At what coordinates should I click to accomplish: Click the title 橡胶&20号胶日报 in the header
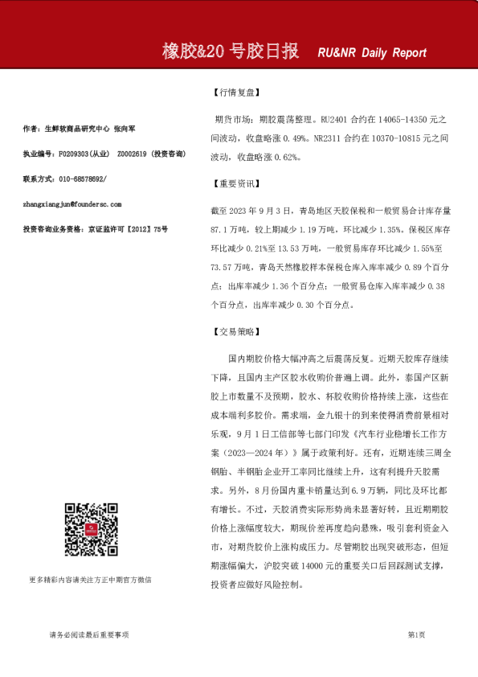[231, 51]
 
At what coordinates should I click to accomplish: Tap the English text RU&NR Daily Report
[372, 53]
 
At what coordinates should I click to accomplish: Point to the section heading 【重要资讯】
[233, 184]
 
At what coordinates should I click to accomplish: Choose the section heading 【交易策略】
[233, 330]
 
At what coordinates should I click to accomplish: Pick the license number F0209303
[73, 153]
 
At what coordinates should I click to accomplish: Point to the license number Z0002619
[133, 153]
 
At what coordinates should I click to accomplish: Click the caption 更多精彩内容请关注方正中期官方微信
[89, 579]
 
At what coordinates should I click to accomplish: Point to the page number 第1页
[416, 634]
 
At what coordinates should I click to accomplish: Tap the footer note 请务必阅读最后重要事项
[89, 634]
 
